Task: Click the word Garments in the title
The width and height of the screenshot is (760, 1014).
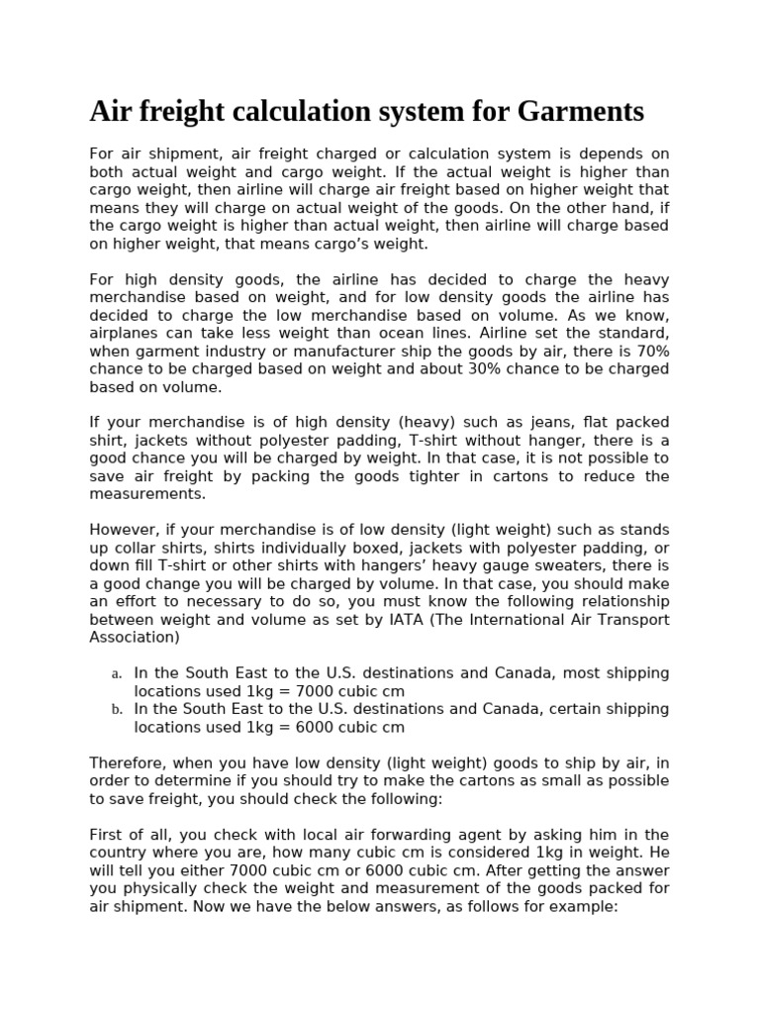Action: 580,112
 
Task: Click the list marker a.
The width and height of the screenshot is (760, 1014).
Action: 116,674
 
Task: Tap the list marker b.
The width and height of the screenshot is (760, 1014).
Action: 116,710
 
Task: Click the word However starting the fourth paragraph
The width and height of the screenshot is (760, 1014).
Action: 124,530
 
